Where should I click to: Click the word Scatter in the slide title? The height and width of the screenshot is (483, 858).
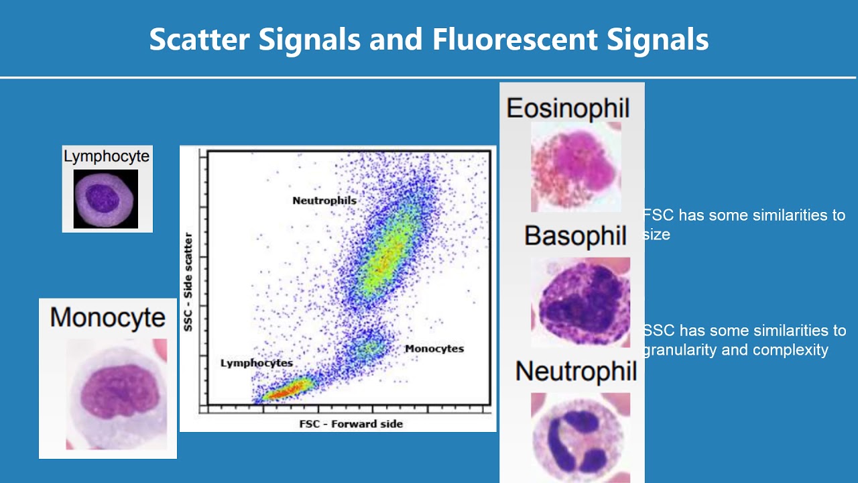click(x=197, y=40)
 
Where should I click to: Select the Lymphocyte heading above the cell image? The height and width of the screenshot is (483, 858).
click(x=107, y=156)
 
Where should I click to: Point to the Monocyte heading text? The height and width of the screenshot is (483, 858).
click(x=107, y=317)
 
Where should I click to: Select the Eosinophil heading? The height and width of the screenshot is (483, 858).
click(x=568, y=108)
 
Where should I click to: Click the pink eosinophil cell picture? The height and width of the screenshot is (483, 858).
click(x=576, y=166)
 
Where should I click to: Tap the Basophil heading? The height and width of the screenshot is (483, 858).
click(x=575, y=236)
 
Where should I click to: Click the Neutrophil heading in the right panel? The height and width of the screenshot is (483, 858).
click(x=576, y=371)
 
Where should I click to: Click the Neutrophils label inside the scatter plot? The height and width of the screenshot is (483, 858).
click(x=324, y=201)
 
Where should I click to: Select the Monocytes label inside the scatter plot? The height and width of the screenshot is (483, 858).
click(x=434, y=349)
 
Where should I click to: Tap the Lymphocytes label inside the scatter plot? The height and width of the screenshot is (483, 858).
click(x=257, y=363)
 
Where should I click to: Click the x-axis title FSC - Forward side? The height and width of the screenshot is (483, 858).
click(x=351, y=424)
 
